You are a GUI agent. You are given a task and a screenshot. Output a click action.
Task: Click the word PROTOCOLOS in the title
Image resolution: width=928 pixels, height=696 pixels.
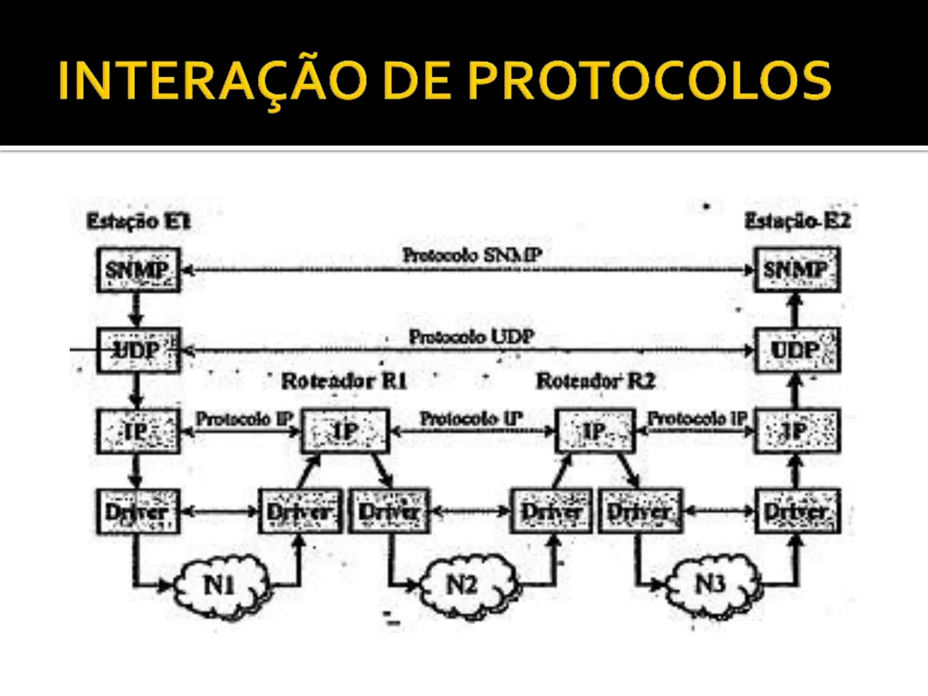tap(649, 81)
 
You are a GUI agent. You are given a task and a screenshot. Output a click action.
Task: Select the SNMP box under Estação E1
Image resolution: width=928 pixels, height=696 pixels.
tap(138, 270)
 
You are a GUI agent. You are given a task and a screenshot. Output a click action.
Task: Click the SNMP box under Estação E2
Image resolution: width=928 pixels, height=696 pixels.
tap(797, 270)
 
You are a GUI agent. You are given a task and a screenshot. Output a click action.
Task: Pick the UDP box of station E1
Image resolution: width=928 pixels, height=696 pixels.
tap(138, 350)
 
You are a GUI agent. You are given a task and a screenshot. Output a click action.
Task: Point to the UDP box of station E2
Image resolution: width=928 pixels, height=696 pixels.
tap(797, 350)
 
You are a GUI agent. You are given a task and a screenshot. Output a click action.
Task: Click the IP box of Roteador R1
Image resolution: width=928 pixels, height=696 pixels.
tap(345, 431)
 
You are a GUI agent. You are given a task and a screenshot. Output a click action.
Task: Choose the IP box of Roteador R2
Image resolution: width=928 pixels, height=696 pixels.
tap(594, 431)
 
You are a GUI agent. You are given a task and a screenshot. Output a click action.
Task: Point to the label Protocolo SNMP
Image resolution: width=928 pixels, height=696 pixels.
tap(472, 255)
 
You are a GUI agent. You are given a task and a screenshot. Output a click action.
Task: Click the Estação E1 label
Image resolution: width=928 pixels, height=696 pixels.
tap(139, 222)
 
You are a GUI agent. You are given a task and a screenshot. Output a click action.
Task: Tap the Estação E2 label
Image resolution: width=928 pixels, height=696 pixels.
tap(797, 221)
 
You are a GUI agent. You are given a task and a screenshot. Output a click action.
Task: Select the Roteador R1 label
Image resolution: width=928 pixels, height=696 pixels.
tap(344, 381)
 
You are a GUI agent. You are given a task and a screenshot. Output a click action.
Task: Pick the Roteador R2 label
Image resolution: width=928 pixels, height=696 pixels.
tap(595, 381)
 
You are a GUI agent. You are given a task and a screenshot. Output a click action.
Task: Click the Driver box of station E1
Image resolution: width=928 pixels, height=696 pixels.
tap(138, 512)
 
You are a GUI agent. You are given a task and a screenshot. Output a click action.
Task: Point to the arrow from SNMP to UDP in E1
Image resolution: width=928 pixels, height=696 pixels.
tap(136, 310)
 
